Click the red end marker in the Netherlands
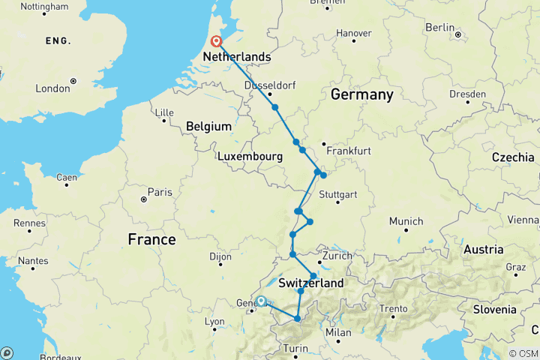(x=216, y=41)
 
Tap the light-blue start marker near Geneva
(x=261, y=301)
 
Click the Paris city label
(x=160, y=192)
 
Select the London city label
(x=52, y=88)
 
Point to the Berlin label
(x=440, y=27)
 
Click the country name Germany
(x=361, y=94)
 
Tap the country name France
(x=151, y=239)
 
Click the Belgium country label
(x=207, y=127)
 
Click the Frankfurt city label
(x=349, y=151)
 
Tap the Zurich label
(x=337, y=255)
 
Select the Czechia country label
(x=513, y=157)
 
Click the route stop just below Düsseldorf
(x=275, y=107)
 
